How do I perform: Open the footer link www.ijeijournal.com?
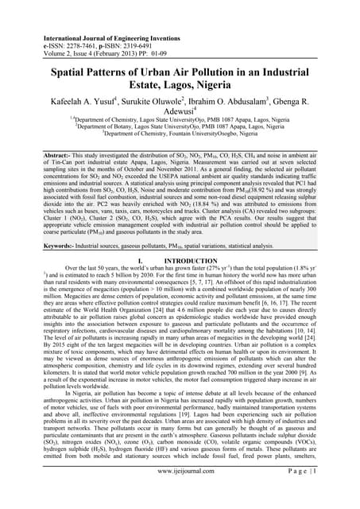click(180, 493)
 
